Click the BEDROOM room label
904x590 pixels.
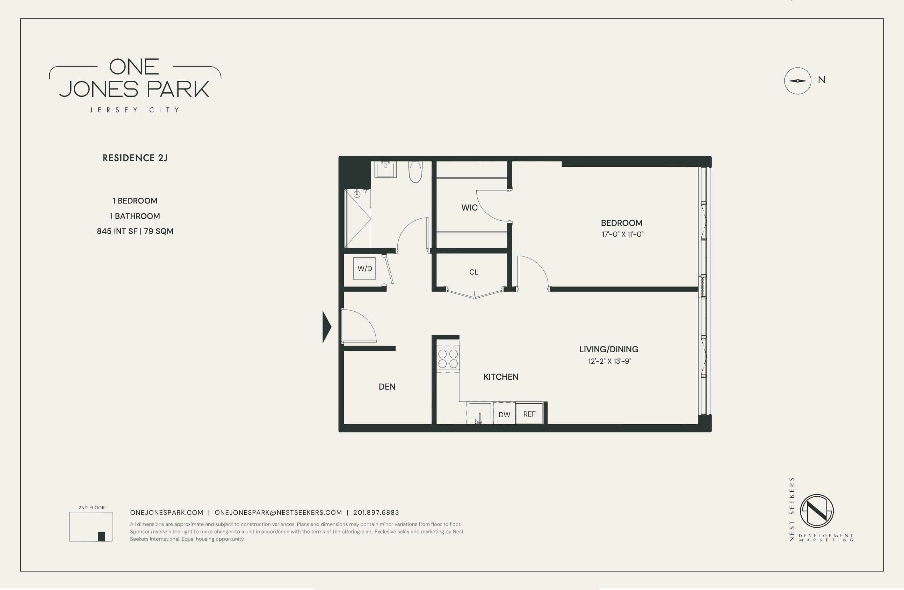622,223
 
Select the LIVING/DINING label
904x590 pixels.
608,349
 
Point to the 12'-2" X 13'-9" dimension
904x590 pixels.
610,361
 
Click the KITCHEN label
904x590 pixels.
501,377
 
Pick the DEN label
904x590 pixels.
387,386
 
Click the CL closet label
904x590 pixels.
473,272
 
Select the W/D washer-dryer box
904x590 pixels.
364,268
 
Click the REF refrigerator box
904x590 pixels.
529,414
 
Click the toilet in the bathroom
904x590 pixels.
415,172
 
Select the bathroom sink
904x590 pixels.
385,169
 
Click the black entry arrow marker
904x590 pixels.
327,327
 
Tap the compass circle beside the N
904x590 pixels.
798,81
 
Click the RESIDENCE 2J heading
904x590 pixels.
135,158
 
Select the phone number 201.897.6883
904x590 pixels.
376,512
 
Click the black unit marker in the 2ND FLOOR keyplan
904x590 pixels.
101,536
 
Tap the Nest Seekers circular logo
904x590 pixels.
817,511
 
